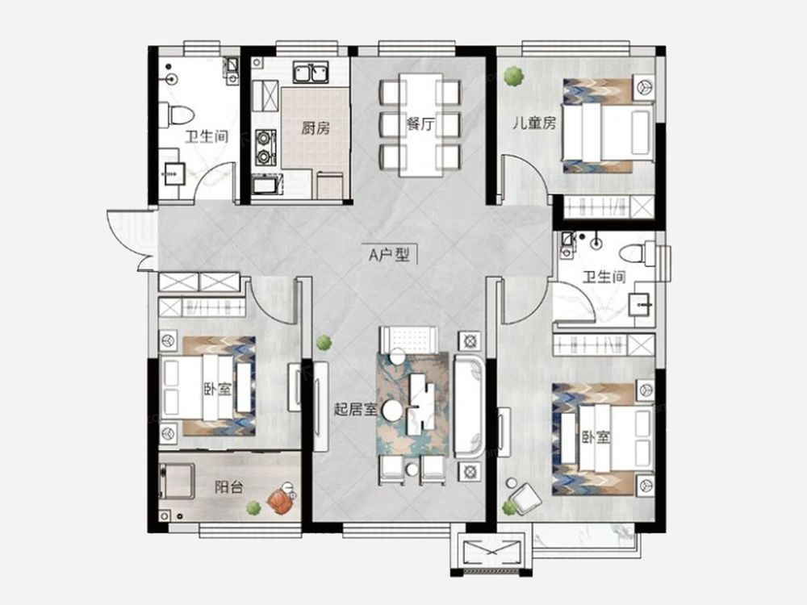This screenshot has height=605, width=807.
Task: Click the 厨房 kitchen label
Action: (316, 127)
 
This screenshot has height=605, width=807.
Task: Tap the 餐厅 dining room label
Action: (420, 123)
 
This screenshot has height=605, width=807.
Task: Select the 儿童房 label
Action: (533, 123)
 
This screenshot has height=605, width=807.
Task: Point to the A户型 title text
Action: (390, 254)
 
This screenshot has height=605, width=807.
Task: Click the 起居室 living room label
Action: (356, 410)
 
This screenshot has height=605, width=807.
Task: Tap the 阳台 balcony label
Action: (228, 486)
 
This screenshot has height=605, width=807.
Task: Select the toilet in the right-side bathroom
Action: (637, 254)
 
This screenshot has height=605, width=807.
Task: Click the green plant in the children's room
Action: (513, 76)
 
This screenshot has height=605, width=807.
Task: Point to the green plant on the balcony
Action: (252, 507)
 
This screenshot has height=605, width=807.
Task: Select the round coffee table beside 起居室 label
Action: (392, 410)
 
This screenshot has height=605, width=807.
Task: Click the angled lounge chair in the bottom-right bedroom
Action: (525, 499)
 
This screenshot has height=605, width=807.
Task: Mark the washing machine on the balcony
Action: (176, 481)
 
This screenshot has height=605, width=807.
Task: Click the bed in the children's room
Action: (608, 126)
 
